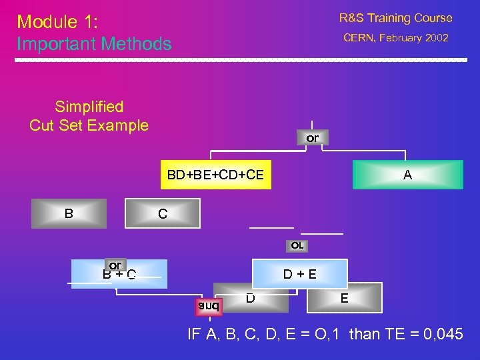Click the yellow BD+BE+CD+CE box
(x=215, y=175)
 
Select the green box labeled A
(x=407, y=175)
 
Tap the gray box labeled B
(x=69, y=214)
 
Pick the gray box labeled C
(x=162, y=215)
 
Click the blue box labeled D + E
(x=299, y=274)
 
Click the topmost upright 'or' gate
(x=312, y=138)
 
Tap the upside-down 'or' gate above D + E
(x=297, y=245)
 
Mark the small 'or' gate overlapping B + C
(x=115, y=265)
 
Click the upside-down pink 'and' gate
(x=208, y=306)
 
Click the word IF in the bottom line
(x=195, y=334)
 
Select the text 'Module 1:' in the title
(x=57, y=22)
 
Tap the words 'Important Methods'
(x=94, y=45)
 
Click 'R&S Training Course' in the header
(x=395, y=18)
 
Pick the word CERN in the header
(x=359, y=38)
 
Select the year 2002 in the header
(x=435, y=38)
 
